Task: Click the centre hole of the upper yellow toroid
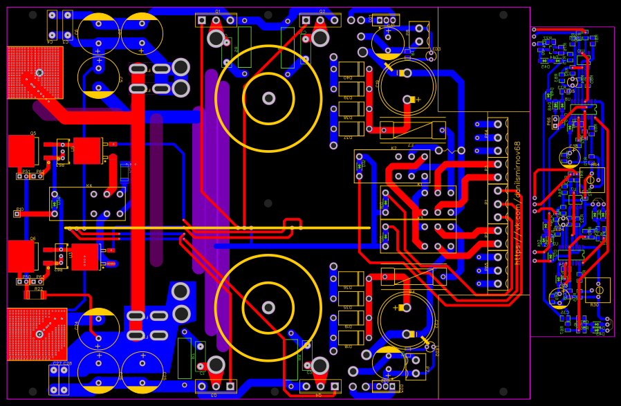[x=268, y=98]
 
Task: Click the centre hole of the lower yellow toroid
[x=268, y=307]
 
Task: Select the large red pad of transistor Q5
[x=21, y=151]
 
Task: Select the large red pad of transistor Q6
[x=21, y=256]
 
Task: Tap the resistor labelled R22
[x=35, y=295]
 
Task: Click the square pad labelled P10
[x=17, y=214]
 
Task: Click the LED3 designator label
[x=436, y=49]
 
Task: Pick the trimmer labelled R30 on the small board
[x=597, y=290]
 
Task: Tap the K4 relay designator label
[x=89, y=185]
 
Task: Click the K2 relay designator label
[x=394, y=148]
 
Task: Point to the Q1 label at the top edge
[x=217, y=11]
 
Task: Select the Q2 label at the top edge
[x=322, y=11]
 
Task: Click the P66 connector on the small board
[x=555, y=122]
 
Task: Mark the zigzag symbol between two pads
[x=450, y=150]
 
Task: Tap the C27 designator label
[x=57, y=363]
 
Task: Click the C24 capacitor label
[x=77, y=324]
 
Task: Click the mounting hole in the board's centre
[x=268, y=203]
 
